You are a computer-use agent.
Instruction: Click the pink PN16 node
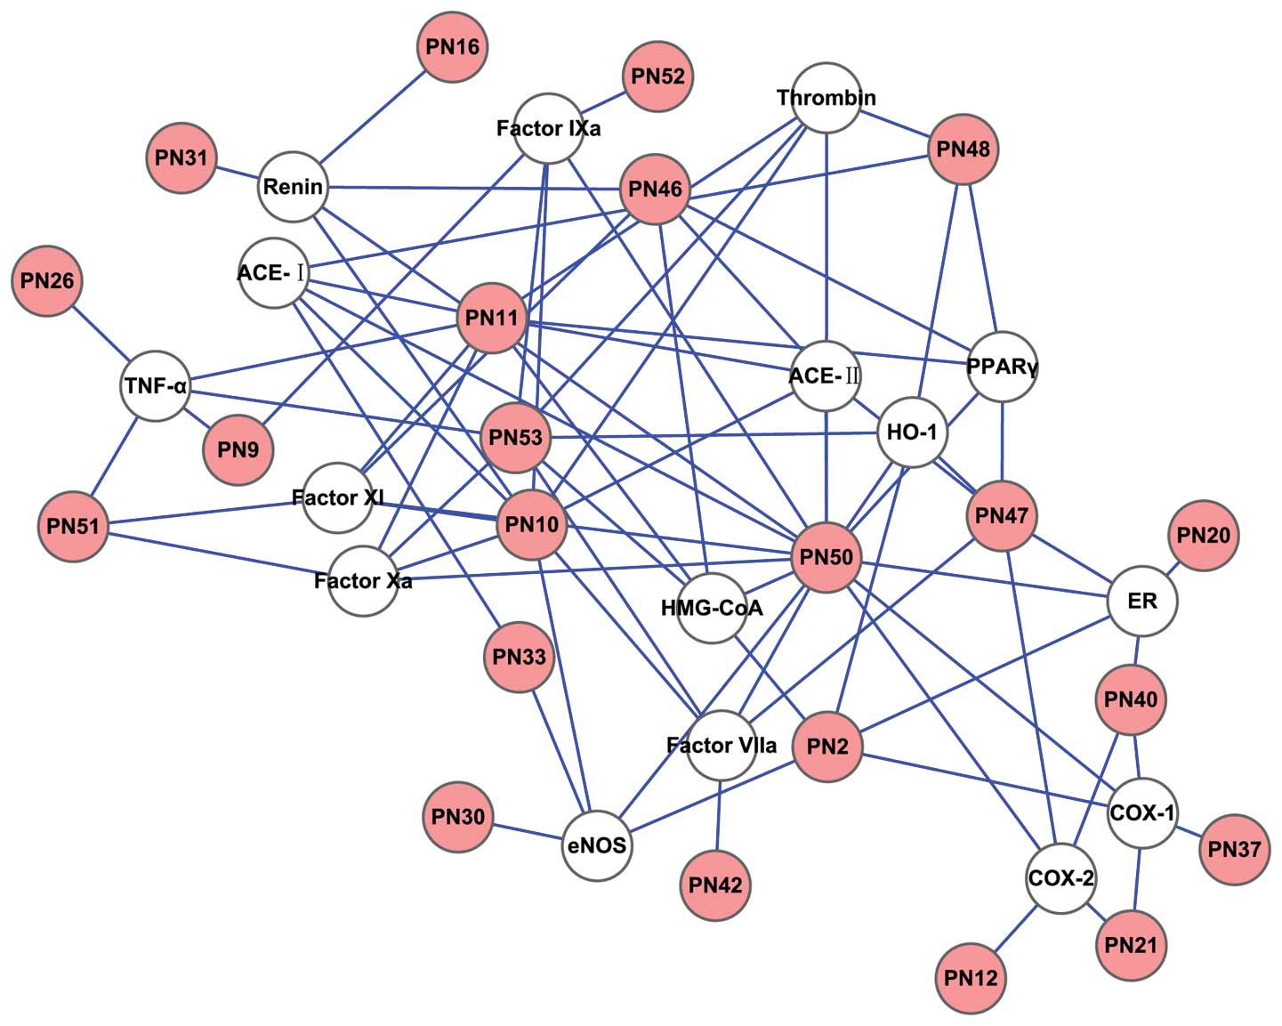click(x=453, y=47)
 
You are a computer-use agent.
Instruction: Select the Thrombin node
click(x=826, y=98)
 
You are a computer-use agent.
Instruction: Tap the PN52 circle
click(x=657, y=77)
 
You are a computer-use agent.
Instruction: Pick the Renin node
click(x=293, y=187)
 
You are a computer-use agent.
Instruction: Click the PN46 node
click(x=656, y=189)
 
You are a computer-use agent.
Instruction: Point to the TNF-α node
click(x=156, y=386)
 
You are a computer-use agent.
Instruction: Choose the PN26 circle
click(x=47, y=281)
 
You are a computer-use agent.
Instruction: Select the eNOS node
click(x=597, y=845)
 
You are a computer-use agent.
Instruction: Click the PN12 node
click(x=971, y=979)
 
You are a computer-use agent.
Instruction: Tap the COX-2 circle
click(x=1060, y=879)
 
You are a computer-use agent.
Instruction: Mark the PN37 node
click(x=1234, y=849)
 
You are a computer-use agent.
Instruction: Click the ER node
click(x=1142, y=602)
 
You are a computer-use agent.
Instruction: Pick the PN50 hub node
click(x=826, y=558)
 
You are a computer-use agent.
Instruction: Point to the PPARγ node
click(x=1002, y=367)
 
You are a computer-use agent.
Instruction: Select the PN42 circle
click(x=714, y=885)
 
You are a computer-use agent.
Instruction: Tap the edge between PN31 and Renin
click(x=237, y=173)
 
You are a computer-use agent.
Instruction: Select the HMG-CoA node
click(x=712, y=609)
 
